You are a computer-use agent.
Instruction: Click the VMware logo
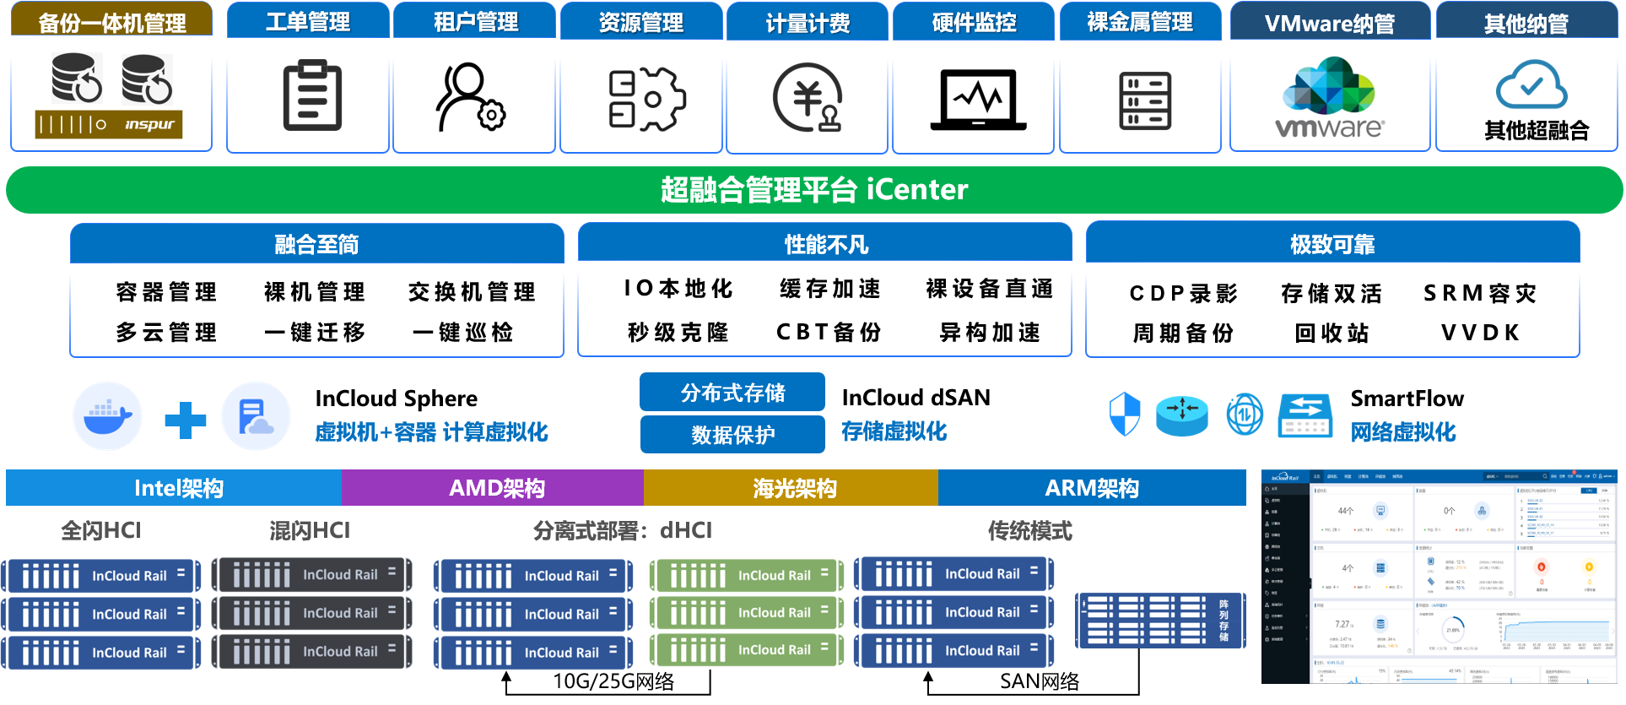tap(1330, 97)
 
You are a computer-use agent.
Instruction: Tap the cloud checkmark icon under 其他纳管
tap(1531, 85)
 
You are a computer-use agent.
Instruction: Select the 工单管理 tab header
tap(308, 22)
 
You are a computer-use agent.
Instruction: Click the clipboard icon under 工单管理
tap(312, 96)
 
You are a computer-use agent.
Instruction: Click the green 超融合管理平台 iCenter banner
tap(813, 190)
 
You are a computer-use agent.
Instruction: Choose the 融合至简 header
tap(316, 245)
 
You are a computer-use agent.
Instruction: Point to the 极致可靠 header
tap(1332, 245)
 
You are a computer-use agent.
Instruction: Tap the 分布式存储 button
tap(732, 393)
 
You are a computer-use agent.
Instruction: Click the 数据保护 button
tap(732, 434)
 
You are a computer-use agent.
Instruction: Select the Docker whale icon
tap(107, 415)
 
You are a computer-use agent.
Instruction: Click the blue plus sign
tap(185, 420)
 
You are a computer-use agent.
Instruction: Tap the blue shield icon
tap(1124, 415)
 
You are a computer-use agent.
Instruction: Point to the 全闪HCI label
tap(101, 531)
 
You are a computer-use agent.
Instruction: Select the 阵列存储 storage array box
tap(1160, 621)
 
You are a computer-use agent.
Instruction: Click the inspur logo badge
tap(109, 125)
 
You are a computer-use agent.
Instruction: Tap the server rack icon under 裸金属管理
tap(1145, 101)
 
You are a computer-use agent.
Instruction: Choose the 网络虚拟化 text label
tap(1402, 432)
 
